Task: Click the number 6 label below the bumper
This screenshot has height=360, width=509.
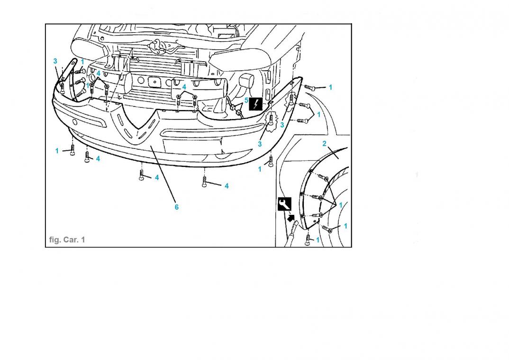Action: click(x=177, y=207)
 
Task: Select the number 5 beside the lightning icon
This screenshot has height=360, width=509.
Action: click(x=246, y=101)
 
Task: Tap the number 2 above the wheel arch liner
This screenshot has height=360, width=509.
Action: click(x=324, y=143)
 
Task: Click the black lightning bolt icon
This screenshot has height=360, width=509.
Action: click(x=256, y=104)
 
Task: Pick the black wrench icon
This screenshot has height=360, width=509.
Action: click(x=284, y=204)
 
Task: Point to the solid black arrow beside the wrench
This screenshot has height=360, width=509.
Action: click(x=291, y=217)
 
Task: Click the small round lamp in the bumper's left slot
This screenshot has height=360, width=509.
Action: click(x=75, y=122)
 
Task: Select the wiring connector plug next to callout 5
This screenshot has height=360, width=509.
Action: click(x=239, y=113)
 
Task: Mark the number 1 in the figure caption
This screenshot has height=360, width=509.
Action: click(x=83, y=240)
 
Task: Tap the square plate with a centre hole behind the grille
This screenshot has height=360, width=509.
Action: click(x=155, y=82)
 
